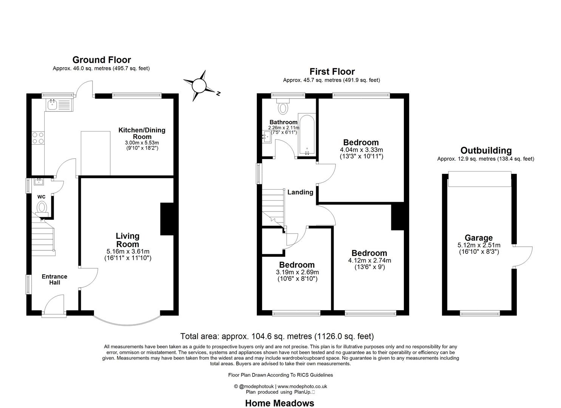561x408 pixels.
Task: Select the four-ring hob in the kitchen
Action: point(38,138)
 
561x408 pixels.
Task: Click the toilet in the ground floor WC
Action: point(42,208)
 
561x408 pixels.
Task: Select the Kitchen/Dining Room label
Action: point(142,133)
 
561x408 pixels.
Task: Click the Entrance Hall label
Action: point(54,280)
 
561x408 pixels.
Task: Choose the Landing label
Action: point(300,192)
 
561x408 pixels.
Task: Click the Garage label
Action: point(479,238)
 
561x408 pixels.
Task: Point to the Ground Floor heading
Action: point(102,60)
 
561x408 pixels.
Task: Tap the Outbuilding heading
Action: point(486,150)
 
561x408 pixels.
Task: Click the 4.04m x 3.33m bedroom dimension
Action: point(361,150)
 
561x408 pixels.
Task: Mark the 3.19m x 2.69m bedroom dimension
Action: point(297,272)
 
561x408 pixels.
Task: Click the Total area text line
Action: point(277,336)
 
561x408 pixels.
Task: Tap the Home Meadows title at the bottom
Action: point(280,403)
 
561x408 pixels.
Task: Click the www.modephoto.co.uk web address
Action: point(302,386)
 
